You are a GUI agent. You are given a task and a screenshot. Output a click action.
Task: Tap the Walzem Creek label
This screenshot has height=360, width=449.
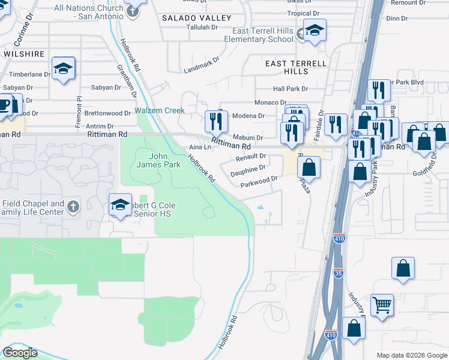pos(159,110)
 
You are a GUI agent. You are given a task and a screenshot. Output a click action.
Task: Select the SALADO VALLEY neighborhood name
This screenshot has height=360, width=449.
pos(196,19)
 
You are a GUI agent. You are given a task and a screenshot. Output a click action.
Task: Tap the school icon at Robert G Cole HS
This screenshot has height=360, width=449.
pos(121,204)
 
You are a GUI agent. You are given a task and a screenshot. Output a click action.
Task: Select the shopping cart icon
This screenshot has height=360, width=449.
pos(381,305)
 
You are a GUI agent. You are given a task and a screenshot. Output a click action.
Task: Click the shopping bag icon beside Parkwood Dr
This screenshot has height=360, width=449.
pos(309,166)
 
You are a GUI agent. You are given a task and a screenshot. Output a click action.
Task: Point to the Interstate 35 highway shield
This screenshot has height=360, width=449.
pos(339,274)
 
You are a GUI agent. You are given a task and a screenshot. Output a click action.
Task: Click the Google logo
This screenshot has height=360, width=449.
pos(20,353)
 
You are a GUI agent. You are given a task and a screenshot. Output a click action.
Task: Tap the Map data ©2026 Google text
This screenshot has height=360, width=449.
pos(411,355)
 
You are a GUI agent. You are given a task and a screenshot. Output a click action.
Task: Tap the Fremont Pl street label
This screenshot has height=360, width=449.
pos(78,106)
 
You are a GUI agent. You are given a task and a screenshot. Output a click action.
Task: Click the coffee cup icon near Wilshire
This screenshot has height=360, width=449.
pos(6,104)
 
